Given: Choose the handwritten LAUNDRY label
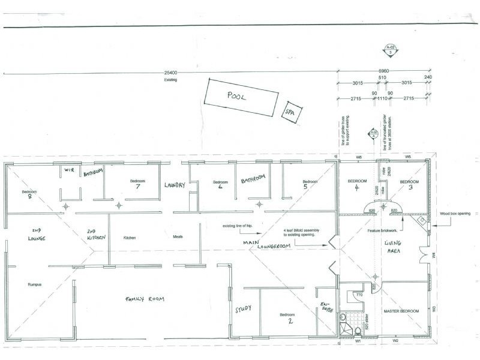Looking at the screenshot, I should (x=177, y=186).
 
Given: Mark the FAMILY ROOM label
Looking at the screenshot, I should (x=145, y=298).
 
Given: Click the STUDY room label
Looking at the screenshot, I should (x=242, y=310).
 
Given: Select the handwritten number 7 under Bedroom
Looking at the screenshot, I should (x=137, y=187).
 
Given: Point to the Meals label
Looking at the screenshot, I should (x=178, y=237).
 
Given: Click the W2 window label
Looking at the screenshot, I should (x=395, y=341).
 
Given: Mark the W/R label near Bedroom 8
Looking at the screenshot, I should (x=68, y=170).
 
